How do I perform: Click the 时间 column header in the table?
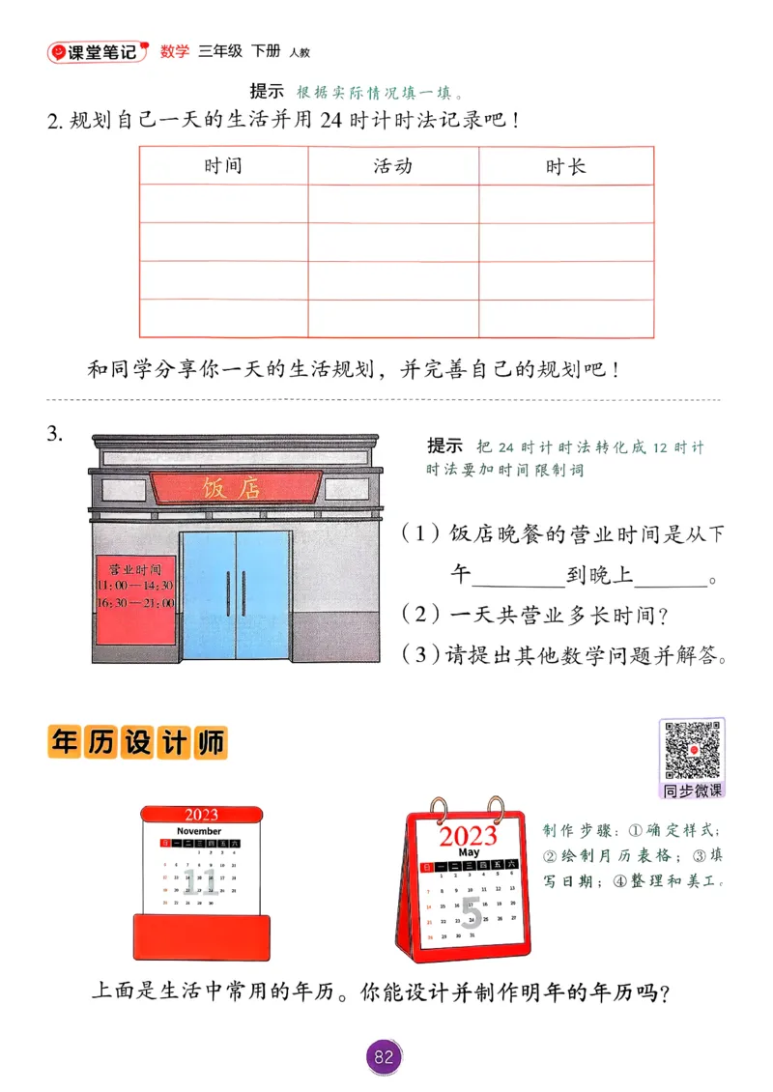(x=223, y=165)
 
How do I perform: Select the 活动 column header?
(x=392, y=165)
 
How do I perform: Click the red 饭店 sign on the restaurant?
(x=233, y=487)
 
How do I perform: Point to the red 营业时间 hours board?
(x=135, y=600)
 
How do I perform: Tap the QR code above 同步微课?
(x=692, y=749)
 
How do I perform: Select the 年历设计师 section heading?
(x=137, y=743)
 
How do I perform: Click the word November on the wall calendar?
(x=199, y=831)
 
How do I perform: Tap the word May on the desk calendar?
(x=469, y=852)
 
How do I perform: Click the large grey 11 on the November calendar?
(x=201, y=880)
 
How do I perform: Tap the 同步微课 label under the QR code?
(x=692, y=790)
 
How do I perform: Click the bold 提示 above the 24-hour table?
(x=267, y=91)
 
